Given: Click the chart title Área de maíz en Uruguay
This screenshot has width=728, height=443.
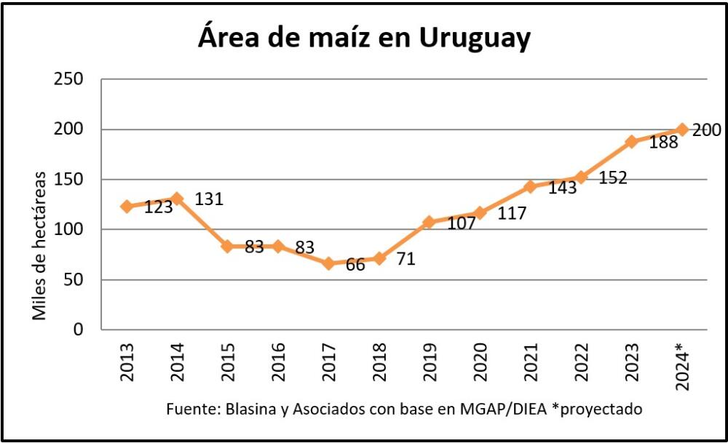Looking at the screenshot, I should pyautogui.click(x=364, y=38).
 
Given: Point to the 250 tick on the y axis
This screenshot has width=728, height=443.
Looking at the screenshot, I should pyautogui.click(x=69, y=79).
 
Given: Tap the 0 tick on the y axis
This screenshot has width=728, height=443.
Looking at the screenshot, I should pyautogui.click(x=79, y=330).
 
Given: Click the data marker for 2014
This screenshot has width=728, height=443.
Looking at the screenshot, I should pyautogui.click(x=177, y=198).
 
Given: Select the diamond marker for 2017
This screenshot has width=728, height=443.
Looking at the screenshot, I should pyautogui.click(x=328, y=263).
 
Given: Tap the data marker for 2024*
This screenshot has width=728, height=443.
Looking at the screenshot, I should pyautogui.click(x=682, y=129).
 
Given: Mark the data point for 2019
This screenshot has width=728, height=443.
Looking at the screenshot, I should pyautogui.click(x=429, y=222).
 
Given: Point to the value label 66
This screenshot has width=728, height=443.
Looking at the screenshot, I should pyautogui.click(x=356, y=266).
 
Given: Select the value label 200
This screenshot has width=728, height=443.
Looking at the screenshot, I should pyautogui.click(x=706, y=130).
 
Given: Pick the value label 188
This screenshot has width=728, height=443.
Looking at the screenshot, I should pyautogui.click(x=663, y=143).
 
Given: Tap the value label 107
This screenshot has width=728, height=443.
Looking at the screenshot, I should pyautogui.click(x=460, y=223).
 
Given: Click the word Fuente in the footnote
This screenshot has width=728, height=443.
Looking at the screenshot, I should pyautogui.click(x=187, y=409).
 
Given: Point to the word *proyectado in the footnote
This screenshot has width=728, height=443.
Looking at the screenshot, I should pyautogui.click(x=601, y=409).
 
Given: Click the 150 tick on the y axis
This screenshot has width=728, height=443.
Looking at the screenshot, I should pyautogui.click(x=69, y=180).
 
